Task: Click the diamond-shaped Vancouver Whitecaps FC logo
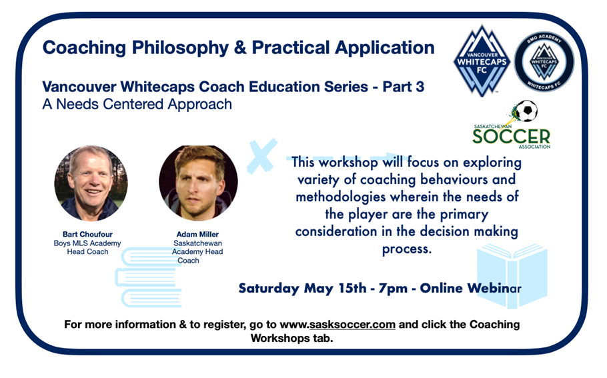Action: tap(482, 61)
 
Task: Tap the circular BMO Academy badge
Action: tap(544, 62)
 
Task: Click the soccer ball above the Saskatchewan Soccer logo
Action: tap(527, 111)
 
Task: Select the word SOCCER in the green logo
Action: tap(511, 137)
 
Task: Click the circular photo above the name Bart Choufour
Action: tap(91, 183)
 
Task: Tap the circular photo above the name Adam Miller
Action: tap(198, 183)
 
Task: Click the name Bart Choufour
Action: tap(87, 234)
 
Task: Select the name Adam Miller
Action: tap(197, 234)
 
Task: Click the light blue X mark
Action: tap(262, 155)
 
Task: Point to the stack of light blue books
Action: tap(149, 277)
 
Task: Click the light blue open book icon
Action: tap(512, 276)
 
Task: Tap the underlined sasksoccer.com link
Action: tap(352, 324)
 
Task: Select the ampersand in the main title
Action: tap(240, 47)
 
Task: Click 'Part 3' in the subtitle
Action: tap(404, 87)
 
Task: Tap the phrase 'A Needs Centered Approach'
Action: tap(137, 105)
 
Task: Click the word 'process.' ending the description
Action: tap(407, 249)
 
